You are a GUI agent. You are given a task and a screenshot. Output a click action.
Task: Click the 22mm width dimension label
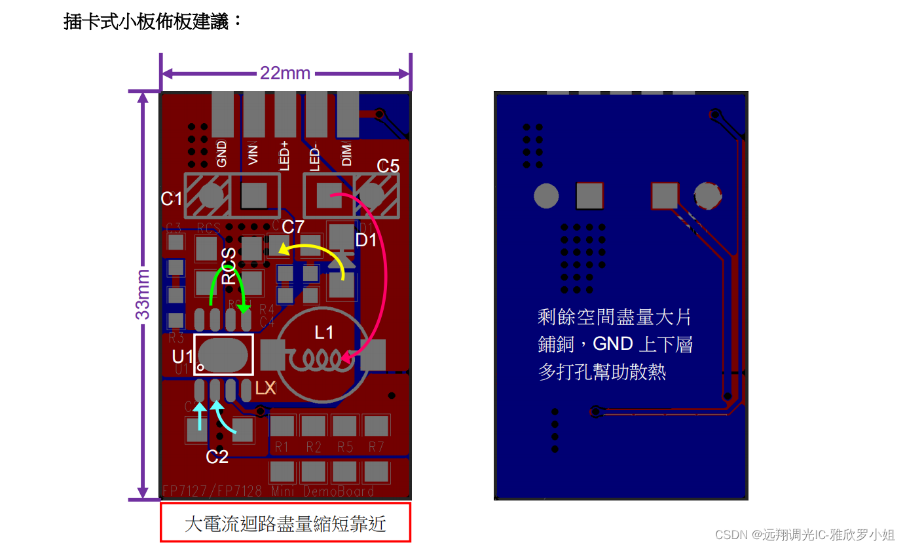pyautogui.click(x=285, y=73)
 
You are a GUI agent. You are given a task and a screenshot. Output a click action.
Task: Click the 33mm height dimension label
pyautogui.click(x=143, y=294)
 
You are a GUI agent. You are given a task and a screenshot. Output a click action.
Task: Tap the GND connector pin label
pyautogui.click(x=222, y=154)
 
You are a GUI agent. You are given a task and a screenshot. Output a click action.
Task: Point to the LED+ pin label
pyautogui.click(x=285, y=156)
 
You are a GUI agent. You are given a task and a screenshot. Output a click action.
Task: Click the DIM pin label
pyautogui.click(x=347, y=154)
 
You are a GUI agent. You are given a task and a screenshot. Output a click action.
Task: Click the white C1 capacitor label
pyautogui.click(x=172, y=198)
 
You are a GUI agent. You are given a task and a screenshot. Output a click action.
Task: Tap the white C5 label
pyautogui.click(x=388, y=166)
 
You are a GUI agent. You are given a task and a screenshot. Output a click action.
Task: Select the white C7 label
pyautogui.click(x=293, y=227)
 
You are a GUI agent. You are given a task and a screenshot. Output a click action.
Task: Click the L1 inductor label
pyautogui.click(x=324, y=333)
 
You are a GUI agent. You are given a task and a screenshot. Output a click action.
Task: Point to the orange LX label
pyautogui.click(x=265, y=388)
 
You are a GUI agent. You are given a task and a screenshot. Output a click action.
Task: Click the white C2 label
pyautogui.click(x=217, y=457)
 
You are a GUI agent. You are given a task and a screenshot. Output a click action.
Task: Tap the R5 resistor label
pyautogui.click(x=345, y=447)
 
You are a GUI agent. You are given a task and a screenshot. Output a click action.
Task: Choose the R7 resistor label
pyautogui.click(x=376, y=447)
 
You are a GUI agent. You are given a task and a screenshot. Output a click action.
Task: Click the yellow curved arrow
pyautogui.click(x=314, y=252)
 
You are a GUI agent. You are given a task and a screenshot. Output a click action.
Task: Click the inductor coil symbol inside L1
pyautogui.click(x=318, y=358)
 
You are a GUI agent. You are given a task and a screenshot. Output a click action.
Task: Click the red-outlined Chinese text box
pyautogui.click(x=286, y=523)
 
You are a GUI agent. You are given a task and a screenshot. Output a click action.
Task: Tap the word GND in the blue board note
pyautogui.click(x=613, y=344)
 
